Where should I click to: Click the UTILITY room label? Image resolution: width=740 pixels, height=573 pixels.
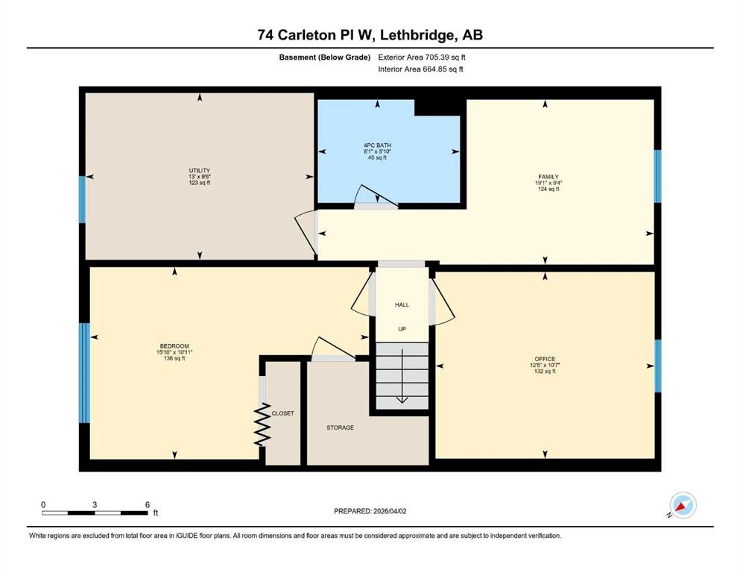[x=199, y=171]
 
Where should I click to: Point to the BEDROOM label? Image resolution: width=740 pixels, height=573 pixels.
[x=174, y=346]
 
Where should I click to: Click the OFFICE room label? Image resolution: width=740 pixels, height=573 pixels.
[x=544, y=359]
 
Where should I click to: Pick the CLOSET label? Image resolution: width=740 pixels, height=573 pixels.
[x=282, y=413]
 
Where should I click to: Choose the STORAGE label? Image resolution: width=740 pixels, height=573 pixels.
[x=340, y=428]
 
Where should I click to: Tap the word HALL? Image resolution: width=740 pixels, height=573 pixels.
[x=402, y=304]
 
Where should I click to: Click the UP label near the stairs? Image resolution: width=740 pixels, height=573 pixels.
[x=402, y=329]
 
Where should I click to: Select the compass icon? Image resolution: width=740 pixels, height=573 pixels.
[x=682, y=505]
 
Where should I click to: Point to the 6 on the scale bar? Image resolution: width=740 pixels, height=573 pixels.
[x=148, y=504]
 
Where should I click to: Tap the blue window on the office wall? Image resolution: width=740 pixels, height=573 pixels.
[x=657, y=366]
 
